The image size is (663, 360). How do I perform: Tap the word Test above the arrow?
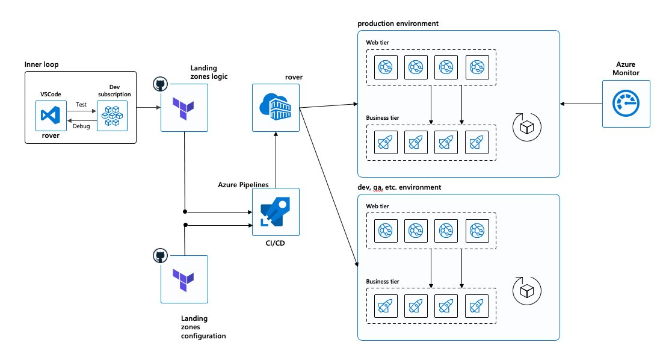tap(81, 104)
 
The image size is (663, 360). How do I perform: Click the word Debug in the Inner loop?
tap(81, 126)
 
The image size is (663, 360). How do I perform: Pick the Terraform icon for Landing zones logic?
tap(184, 108)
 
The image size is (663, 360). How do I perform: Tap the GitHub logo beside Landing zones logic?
tap(160, 84)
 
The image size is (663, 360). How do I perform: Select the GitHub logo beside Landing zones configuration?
tap(160, 256)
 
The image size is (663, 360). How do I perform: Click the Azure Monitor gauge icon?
tap(626, 104)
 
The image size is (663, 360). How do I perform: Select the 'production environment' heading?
tap(398, 23)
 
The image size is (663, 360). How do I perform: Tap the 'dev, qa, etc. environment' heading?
tap(399, 187)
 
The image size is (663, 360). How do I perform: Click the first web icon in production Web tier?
tap(386, 67)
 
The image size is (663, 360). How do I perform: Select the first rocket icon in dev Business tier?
tap(386, 306)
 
